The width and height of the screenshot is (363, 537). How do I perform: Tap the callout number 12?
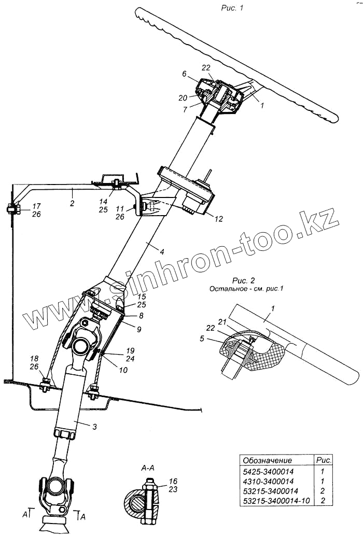pos(218,219)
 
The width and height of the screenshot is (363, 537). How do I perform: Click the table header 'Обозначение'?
pos(267,460)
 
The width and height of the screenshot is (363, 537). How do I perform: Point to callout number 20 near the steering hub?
pos(184,97)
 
